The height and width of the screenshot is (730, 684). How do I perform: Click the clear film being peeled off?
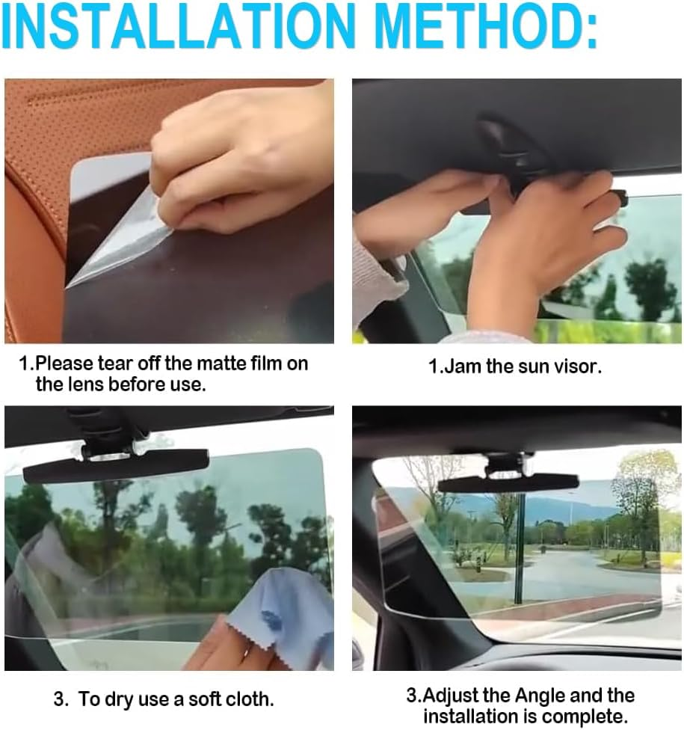click(x=120, y=239)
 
